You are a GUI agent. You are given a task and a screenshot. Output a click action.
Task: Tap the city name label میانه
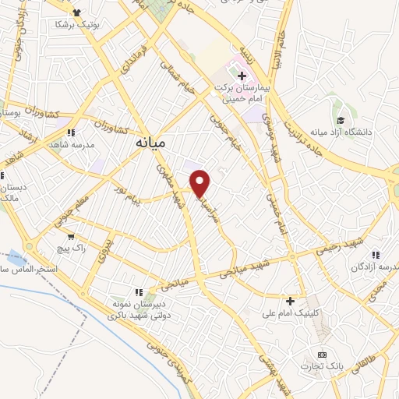(x=150, y=143)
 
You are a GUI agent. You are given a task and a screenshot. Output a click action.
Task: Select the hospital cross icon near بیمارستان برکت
(x=242, y=76)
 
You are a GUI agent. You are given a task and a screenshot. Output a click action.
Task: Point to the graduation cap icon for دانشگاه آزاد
(x=341, y=119)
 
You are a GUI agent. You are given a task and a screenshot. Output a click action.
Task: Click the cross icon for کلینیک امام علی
(x=290, y=301)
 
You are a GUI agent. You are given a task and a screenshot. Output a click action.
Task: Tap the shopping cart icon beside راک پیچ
(x=72, y=236)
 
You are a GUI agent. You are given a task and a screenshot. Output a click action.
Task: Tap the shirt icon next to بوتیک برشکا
(x=76, y=12)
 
